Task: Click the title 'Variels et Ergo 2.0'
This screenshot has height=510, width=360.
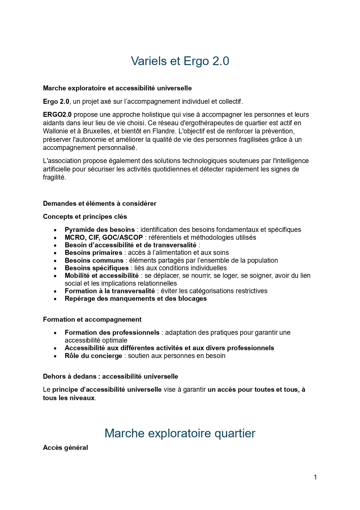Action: coord(180,61)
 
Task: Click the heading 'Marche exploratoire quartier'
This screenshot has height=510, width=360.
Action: coord(180,433)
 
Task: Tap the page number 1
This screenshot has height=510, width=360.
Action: coord(315,477)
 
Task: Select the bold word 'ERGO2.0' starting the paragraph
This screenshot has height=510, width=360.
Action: coord(57,114)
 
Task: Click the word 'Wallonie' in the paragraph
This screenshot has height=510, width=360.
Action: coord(55,131)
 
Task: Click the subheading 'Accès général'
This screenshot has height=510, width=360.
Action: coord(65,448)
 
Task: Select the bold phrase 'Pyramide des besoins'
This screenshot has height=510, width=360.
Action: coord(100,230)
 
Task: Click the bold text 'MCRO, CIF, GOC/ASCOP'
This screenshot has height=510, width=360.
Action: coord(104,237)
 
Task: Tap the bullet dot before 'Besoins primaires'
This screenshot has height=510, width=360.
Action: coord(55,253)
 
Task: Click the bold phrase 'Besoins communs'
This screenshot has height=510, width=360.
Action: coord(94,260)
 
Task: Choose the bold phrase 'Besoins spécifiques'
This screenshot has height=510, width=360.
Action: coord(97,268)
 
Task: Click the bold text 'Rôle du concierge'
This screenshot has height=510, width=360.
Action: coord(93,356)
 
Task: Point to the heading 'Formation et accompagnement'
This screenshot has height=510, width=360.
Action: coord(92,319)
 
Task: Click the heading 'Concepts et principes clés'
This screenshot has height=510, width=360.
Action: coord(85,216)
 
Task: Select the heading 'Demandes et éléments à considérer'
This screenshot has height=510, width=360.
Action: coord(100,203)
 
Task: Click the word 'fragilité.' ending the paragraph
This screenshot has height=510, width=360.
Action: coord(55,177)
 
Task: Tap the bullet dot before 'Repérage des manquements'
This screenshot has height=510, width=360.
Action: coord(55,299)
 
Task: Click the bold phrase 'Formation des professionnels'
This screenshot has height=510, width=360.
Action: coord(112,332)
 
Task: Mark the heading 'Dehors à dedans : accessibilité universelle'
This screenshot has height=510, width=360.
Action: coord(110,376)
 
